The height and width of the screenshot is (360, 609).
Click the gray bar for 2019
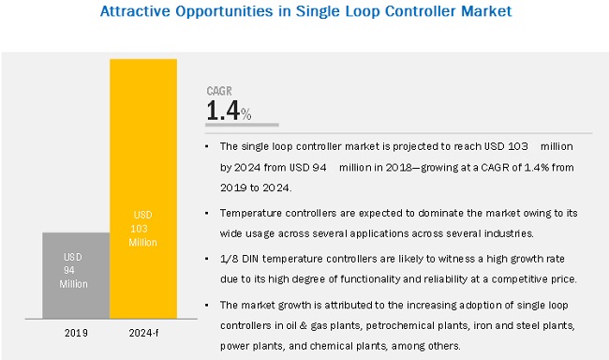coord(76,276)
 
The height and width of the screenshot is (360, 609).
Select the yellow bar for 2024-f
coord(143,189)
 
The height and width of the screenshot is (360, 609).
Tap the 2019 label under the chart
coord(76,333)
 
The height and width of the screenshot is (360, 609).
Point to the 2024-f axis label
coord(143,333)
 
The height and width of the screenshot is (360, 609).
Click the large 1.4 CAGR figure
coord(223,111)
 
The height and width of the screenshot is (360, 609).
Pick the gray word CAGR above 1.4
coord(219,91)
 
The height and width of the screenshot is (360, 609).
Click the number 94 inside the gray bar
coord(69,270)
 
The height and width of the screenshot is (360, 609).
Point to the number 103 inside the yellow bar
coord(139,229)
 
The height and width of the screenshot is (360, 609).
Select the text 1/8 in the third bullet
coord(230,259)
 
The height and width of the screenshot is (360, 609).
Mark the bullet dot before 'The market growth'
coord(207,306)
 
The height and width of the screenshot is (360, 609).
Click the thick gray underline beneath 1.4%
coord(242,125)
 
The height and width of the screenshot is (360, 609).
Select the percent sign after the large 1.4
coord(245,114)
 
